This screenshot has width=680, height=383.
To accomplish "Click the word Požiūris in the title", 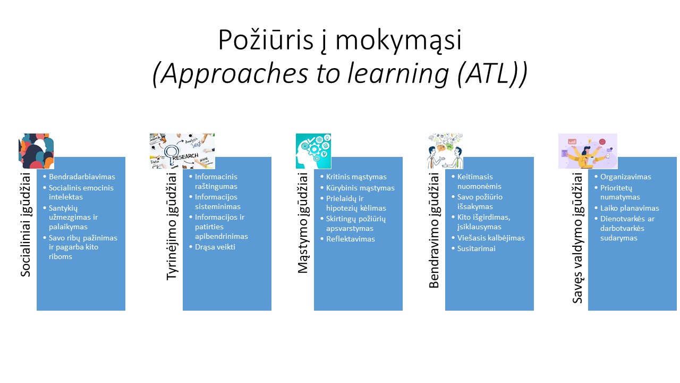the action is point(266,40).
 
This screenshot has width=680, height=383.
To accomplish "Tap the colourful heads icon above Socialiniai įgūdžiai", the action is point(36,151).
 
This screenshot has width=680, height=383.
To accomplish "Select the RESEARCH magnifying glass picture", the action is point(182,151).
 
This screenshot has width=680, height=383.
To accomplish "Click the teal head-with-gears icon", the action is point(313,151).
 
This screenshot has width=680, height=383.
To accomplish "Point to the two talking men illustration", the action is point(445,151).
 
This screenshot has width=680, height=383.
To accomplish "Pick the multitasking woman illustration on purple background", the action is point(588,151).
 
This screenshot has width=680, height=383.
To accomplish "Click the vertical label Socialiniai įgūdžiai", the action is point(26,225).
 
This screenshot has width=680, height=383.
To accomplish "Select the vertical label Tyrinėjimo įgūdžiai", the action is point(172,227).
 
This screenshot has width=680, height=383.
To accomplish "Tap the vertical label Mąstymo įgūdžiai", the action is point(303,223).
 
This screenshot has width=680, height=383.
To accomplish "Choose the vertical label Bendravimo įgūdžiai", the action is point(435,230).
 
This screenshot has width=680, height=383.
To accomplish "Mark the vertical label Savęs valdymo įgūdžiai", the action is point(577,238).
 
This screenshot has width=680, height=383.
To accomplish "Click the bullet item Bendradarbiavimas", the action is point(82,177).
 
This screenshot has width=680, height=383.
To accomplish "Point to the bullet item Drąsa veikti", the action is point(215,247).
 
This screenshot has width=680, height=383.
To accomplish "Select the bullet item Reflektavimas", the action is point(350,239).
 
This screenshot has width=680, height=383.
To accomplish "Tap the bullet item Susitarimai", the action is point(477,248).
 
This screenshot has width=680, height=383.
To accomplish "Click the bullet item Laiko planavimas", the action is point(630,208).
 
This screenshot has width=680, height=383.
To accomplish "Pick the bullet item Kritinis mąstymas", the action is point(356,177).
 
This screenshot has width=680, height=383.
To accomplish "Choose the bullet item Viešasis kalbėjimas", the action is point(491,238).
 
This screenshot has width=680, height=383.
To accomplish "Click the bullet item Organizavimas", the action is point(625,177).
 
